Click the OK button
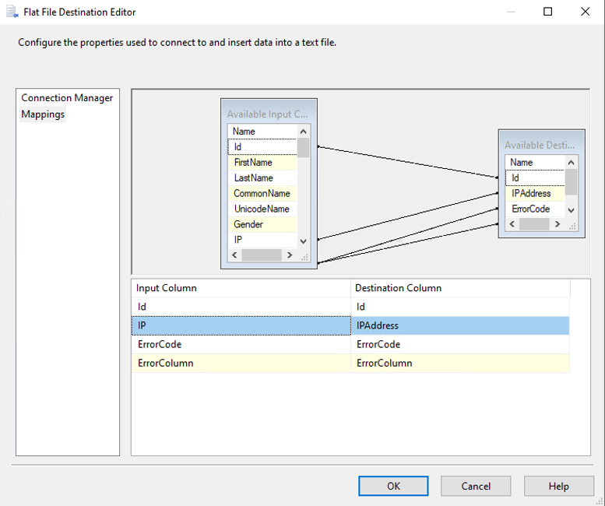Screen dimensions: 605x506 (x=393, y=486)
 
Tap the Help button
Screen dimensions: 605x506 (x=558, y=486)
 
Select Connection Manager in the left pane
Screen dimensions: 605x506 (x=67, y=98)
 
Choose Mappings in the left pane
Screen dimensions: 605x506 (x=43, y=114)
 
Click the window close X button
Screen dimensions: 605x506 (x=585, y=12)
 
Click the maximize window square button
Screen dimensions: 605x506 (x=547, y=12)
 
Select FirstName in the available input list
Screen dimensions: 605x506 (x=253, y=163)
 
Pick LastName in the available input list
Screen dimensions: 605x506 (x=254, y=177)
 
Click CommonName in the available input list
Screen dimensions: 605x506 (x=262, y=193)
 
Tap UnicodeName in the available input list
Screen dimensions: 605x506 (x=262, y=209)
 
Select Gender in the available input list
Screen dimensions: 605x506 (x=248, y=224)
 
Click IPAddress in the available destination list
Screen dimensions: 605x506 (x=531, y=193)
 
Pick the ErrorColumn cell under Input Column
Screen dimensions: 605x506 (x=166, y=363)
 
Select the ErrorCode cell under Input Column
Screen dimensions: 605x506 (x=160, y=344)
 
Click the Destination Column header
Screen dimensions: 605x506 (x=398, y=288)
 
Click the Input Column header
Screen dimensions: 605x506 (x=167, y=288)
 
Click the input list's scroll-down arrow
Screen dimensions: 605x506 (x=303, y=241)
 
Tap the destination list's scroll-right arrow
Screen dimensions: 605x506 (x=558, y=224)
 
